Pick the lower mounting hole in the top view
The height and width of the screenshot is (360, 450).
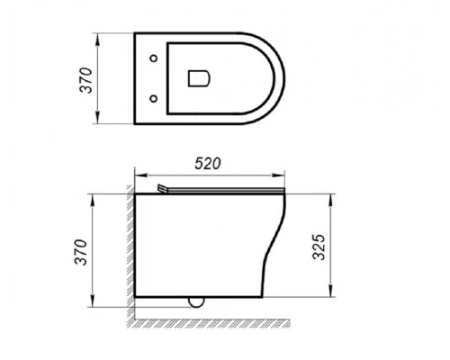[x=154, y=97]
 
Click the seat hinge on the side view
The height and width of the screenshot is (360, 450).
[x=163, y=188]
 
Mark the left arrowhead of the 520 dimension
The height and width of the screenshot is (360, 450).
[x=138, y=175]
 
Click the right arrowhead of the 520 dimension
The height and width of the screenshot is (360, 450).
[x=286, y=175]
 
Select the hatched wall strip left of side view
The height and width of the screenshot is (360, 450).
[x=130, y=252]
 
